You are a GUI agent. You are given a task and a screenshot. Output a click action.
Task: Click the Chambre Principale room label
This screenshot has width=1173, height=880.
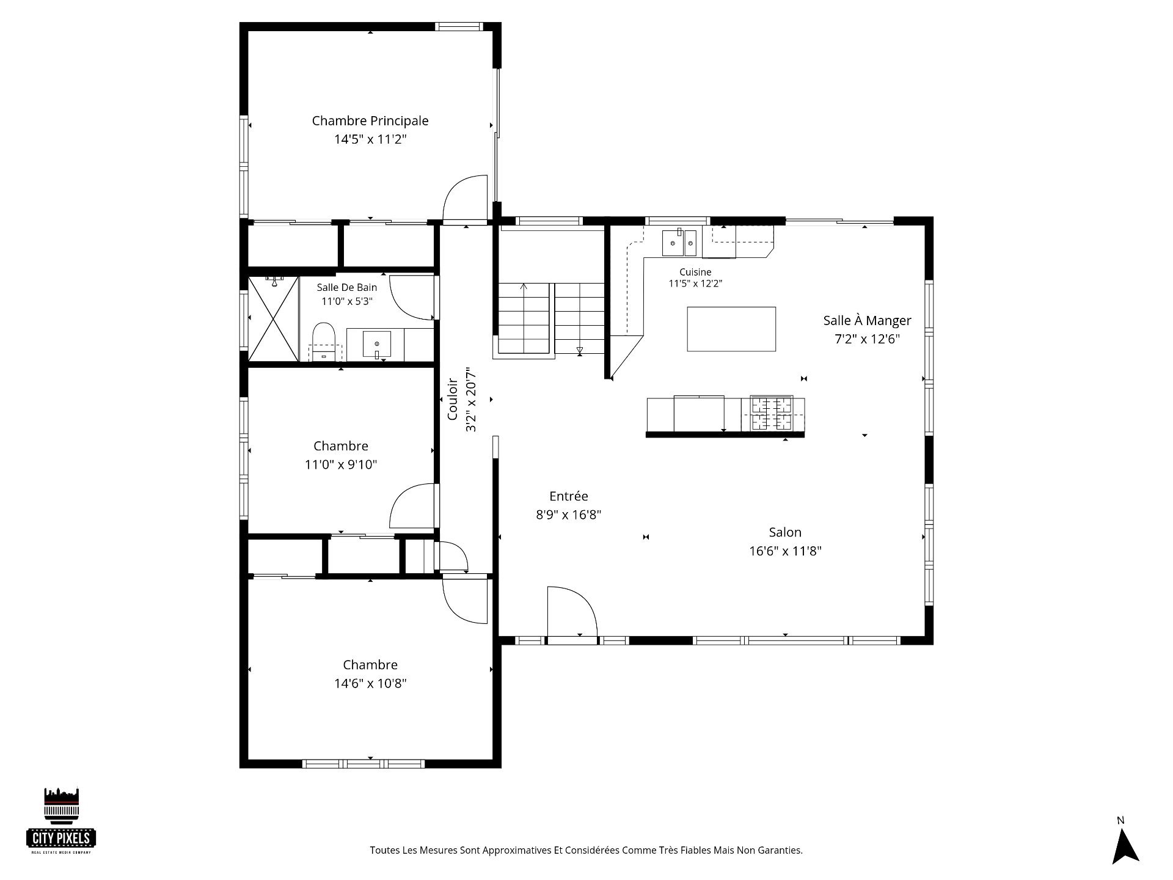click(x=370, y=121)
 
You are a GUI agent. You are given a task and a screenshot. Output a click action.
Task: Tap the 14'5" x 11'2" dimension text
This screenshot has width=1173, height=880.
click(x=370, y=139)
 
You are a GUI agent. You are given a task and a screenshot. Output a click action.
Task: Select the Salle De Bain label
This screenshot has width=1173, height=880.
click(x=346, y=287)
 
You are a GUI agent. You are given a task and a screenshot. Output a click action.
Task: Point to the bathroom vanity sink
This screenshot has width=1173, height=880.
click(x=377, y=344)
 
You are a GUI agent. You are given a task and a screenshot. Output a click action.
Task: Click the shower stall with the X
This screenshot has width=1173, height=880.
click(x=273, y=319)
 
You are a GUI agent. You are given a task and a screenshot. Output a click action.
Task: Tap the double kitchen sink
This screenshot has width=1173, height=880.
click(x=680, y=243)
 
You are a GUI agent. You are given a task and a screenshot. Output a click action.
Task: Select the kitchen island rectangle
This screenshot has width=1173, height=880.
click(x=731, y=329)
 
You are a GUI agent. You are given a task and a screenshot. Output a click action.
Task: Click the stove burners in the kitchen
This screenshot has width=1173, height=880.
click(x=771, y=413)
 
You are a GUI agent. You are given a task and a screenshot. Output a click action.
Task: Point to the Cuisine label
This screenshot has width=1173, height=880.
click(x=695, y=273)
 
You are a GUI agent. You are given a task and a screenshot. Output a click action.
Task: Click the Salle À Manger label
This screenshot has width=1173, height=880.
click(x=867, y=320)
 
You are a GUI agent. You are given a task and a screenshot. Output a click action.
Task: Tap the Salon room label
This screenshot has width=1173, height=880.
click(x=785, y=532)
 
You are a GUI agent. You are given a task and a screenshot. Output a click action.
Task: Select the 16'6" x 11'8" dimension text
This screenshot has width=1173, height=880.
click(x=785, y=551)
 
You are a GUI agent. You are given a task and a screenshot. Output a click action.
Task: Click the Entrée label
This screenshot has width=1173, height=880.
click(x=568, y=496)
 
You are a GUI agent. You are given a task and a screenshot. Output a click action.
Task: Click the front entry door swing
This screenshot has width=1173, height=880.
click(x=572, y=611)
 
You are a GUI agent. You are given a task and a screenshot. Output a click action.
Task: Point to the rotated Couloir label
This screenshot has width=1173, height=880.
click(x=453, y=400)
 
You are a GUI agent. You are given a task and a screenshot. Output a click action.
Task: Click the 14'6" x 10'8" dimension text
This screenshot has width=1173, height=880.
click(x=370, y=683)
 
